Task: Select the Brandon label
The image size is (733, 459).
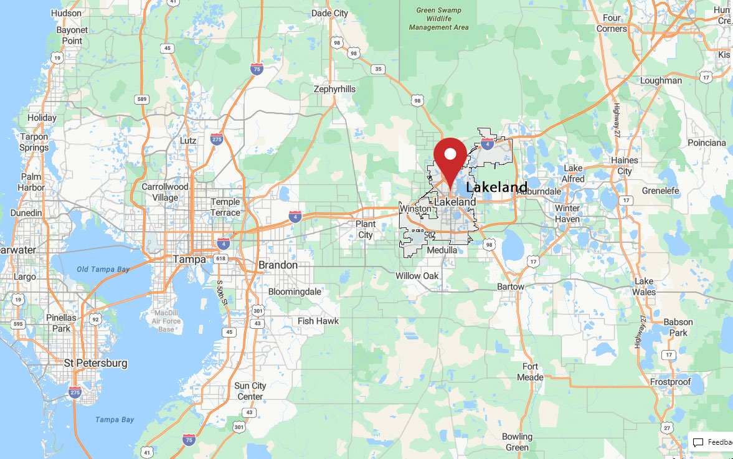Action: pos(278,265)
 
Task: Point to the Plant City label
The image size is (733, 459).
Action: pos(366,229)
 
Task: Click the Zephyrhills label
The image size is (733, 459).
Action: pos(334,89)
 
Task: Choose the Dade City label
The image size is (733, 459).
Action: pos(329,13)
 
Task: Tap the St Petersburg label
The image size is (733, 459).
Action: pos(96,362)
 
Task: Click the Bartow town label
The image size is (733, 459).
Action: pos(511,286)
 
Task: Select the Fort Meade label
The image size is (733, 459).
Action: pos(530,371)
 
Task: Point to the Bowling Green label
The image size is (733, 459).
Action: pos(517,442)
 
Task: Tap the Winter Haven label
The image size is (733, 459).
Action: pos(567,213)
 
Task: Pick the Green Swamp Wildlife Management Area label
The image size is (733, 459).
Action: pos(438,18)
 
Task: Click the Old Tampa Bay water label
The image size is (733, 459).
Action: pos(103,269)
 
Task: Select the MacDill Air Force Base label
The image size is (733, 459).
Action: pos(166,320)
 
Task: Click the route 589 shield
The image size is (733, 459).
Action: pos(142,98)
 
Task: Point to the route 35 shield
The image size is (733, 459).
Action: pos(378,69)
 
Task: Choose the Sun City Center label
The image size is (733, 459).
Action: pos(250,390)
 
